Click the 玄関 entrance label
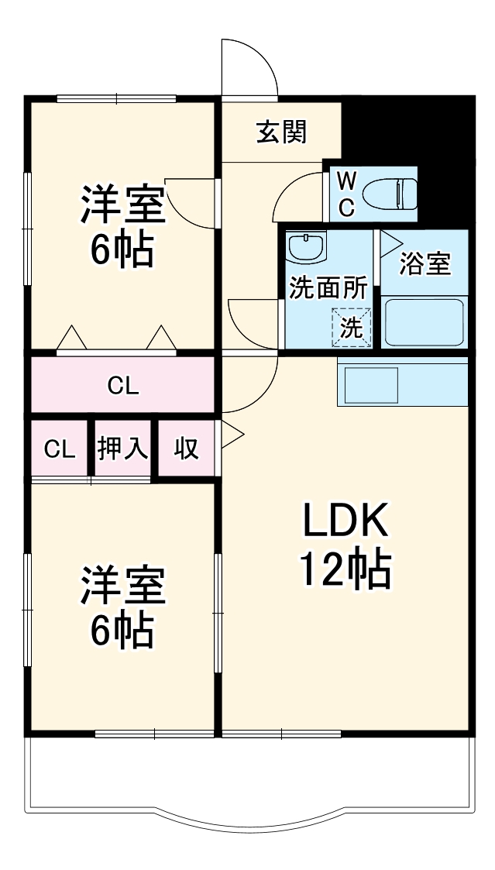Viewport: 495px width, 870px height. pyautogui.click(x=282, y=132)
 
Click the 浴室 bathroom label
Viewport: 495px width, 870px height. pyautogui.click(x=424, y=264)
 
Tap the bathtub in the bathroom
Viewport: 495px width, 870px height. pyautogui.click(x=424, y=322)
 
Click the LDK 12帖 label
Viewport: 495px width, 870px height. pyautogui.click(x=345, y=546)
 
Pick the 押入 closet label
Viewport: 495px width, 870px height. pyautogui.click(x=122, y=449)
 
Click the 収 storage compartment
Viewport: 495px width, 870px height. pyautogui.click(x=186, y=449)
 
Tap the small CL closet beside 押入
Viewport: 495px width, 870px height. pyautogui.click(x=60, y=449)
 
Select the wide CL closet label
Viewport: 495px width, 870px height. pyautogui.click(x=122, y=385)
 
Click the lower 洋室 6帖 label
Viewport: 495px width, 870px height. pyautogui.click(x=122, y=608)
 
